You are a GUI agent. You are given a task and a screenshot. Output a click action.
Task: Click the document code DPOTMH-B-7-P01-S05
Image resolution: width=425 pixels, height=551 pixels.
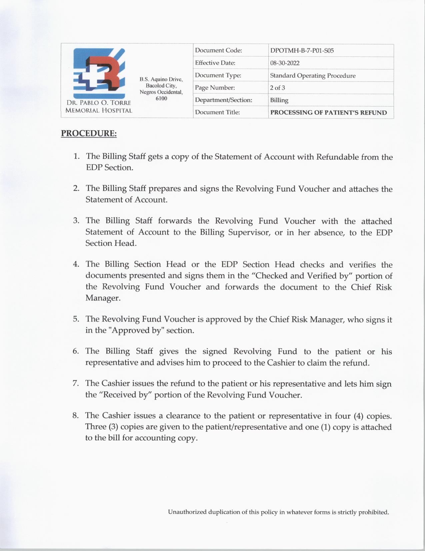tap(302, 51)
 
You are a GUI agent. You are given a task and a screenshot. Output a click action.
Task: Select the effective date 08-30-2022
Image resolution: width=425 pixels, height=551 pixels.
tap(285, 63)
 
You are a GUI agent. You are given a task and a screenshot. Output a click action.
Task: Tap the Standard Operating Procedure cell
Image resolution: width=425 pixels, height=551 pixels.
tap(313, 75)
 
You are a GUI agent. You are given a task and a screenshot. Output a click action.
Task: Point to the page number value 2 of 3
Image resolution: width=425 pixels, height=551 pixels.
tap(277, 88)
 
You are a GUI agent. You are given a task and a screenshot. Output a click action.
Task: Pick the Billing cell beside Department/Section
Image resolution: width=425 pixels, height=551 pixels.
tap(279, 100)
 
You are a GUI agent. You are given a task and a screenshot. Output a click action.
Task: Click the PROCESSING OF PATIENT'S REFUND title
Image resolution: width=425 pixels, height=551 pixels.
tap(328, 113)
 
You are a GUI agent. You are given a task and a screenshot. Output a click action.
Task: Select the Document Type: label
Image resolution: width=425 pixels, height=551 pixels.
tap(218, 75)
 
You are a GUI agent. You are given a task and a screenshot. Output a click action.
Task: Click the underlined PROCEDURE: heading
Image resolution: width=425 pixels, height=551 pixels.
tap(89, 133)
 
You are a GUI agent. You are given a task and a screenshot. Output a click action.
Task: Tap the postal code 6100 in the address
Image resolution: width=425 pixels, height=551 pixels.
tap(161, 99)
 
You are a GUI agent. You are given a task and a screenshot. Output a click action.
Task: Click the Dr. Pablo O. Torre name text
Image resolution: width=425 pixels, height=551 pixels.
tap(99, 103)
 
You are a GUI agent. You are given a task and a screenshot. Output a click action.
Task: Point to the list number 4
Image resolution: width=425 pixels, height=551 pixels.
tap(76, 264)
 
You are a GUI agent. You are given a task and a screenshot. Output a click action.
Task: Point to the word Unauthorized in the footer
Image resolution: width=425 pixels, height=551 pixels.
tap(187, 512)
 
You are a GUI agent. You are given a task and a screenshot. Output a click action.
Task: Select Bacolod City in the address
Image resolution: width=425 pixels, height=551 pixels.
tap(161, 86)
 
